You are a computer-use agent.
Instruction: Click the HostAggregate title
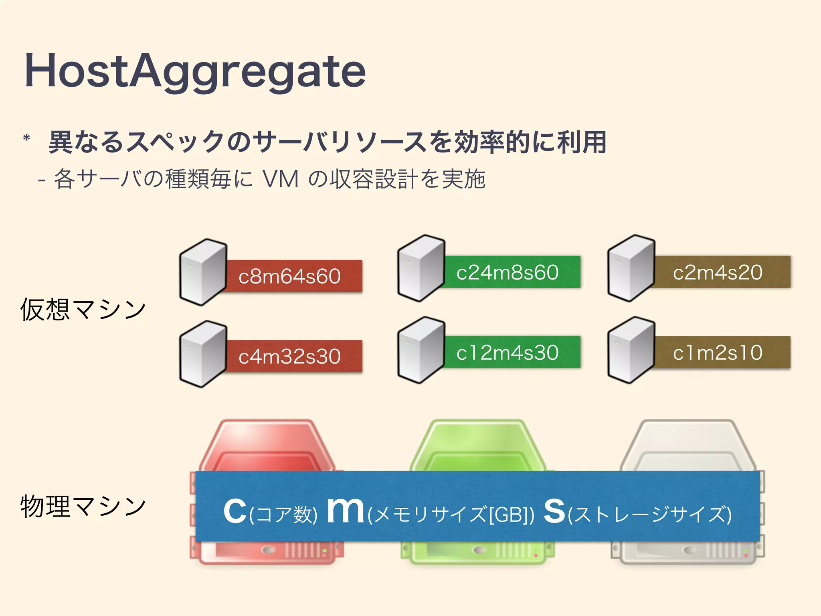195,71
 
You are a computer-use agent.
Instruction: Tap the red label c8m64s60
289,276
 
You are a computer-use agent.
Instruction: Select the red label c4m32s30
289,357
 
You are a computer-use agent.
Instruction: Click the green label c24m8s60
508,272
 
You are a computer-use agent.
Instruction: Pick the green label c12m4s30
508,353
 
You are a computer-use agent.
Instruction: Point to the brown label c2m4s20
718,272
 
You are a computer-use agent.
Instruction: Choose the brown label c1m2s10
718,353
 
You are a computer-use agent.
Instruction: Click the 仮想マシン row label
83,310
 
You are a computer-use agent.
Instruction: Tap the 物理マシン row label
83,507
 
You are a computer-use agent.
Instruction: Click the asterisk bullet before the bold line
27,139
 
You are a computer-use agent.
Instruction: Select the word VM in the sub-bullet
281,179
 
